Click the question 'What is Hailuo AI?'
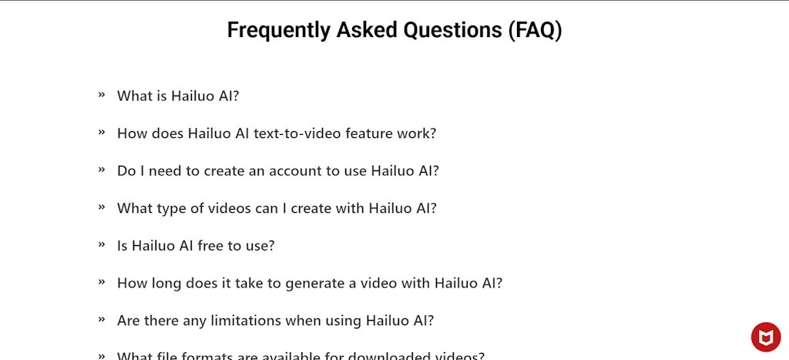click(x=178, y=96)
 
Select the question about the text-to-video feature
click(x=277, y=133)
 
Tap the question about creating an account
click(x=277, y=171)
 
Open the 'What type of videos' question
click(x=277, y=208)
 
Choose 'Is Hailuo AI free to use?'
click(x=196, y=246)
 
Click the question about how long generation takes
click(x=309, y=283)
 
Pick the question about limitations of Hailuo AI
click(x=275, y=321)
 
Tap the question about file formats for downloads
click(x=300, y=355)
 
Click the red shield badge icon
click(x=766, y=337)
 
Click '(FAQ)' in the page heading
click(x=535, y=31)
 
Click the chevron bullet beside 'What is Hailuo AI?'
click(x=102, y=95)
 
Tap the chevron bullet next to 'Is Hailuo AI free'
click(x=102, y=244)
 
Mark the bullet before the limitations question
click(x=102, y=319)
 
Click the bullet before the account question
click(x=102, y=170)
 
